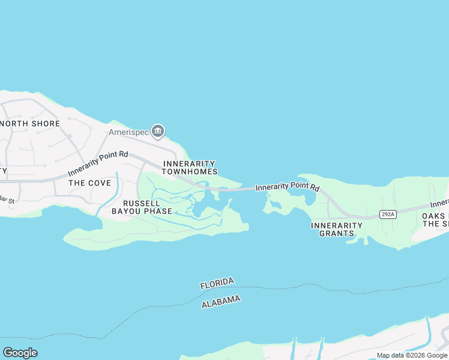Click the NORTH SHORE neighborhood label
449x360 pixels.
coord(30,124)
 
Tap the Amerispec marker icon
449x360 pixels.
coord(158,130)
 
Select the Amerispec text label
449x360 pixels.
coord(128,132)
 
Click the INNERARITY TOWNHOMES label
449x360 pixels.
coord(189,167)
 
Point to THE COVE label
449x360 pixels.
coord(89,182)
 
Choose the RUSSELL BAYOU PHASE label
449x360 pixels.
coord(142,207)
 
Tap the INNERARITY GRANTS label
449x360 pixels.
coord(337,229)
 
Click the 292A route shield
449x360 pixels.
coord(388,214)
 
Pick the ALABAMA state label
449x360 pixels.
coord(221,302)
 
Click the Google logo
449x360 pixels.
coord(20,353)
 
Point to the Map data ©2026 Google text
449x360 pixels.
coord(412,355)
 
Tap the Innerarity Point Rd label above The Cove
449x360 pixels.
coord(98,163)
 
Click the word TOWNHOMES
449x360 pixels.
coord(189,172)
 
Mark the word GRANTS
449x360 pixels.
coord(337,233)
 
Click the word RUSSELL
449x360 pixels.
coord(142,203)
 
